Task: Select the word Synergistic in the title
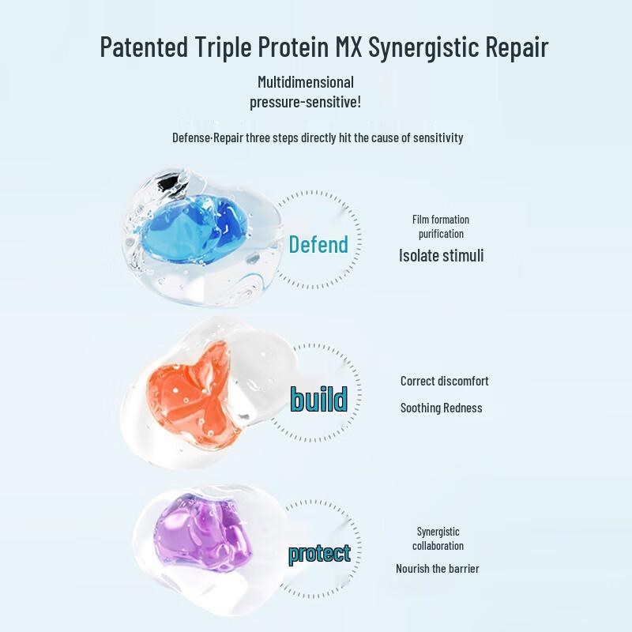pos(431,47)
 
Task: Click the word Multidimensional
pos(306,82)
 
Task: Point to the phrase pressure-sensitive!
pos(306,102)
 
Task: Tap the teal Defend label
pos(318,245)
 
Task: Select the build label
pos(318,400)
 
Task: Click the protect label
pos(319,554)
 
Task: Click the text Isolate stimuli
pos(441,255)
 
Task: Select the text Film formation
pos(441,220)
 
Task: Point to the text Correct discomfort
pos(444,381)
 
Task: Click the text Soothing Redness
pos(441,408)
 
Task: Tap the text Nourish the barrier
pos(438,569)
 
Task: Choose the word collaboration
pos(438,546)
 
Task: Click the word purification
pos(441,234)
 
